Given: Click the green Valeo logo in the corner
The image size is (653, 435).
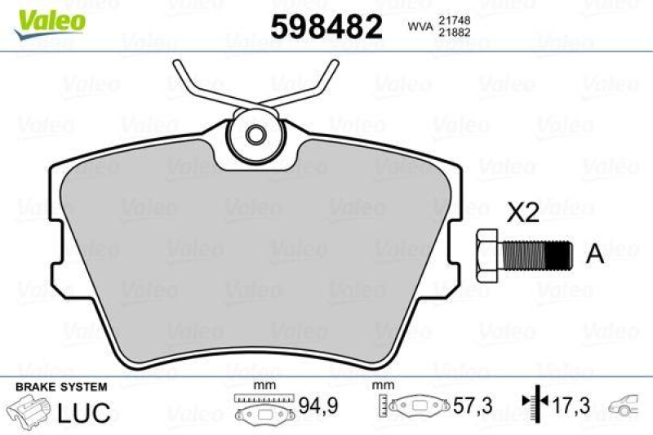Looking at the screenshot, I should [x=51, y=18].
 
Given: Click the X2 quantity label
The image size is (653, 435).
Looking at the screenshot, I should [x=522, y=214].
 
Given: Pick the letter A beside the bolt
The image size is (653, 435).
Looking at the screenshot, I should [x=595, y=255].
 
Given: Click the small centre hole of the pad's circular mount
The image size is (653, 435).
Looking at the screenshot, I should [x=255, y=135].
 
